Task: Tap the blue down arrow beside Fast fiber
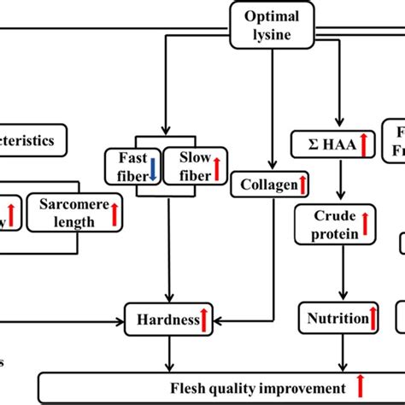[x=152, y=165]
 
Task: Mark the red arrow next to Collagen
[x=302, y=184]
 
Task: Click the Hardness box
[x=168, y=320]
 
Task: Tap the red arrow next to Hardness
[x=205, y=320]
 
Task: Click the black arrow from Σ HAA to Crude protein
[x=341, y=179]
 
